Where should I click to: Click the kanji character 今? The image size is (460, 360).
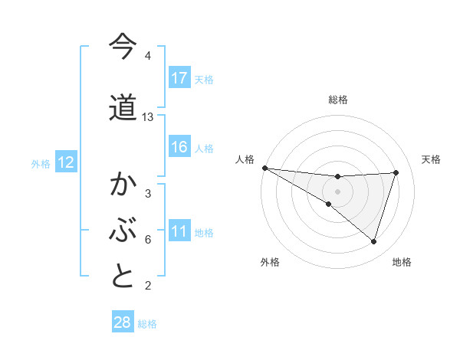point(123,47)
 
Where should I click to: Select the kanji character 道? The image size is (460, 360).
point(123,107)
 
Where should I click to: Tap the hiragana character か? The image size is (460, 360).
point(123,185)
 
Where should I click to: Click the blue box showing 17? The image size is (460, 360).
point(179,78)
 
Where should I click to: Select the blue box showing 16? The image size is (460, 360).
point(179,147)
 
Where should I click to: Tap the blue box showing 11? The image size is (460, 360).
point(179,232)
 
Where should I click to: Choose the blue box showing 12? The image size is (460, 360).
point(66,162)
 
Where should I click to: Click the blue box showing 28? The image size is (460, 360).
point(123,322)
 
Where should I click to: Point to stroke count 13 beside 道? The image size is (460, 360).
point(148,117)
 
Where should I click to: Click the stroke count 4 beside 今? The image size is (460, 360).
point(148,56)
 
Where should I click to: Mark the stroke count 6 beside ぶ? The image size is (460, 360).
point(148,240)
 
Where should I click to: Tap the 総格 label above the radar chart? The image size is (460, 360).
point(337,100)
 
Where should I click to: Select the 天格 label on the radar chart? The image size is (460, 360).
point(431,159)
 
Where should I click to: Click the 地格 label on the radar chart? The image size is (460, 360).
point(402,262)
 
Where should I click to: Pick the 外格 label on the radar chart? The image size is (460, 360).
point(270,262)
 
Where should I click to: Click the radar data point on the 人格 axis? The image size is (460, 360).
point(264,168)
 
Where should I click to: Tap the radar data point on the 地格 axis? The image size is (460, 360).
point(373,241)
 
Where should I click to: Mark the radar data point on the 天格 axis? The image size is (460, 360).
point(396,172)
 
